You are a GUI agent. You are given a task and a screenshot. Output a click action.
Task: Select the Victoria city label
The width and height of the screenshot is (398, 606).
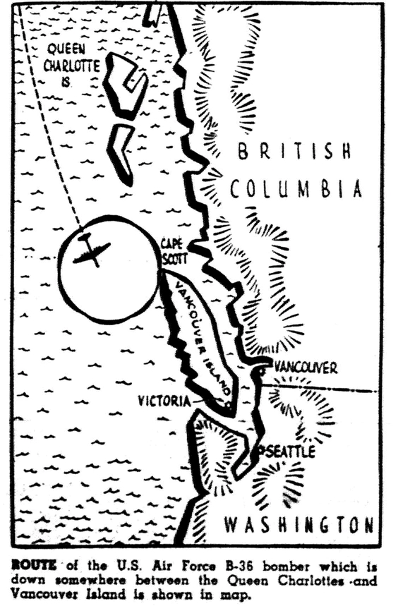[x=164, y=401]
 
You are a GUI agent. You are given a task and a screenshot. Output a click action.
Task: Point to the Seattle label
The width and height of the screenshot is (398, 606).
[x=289, y=452]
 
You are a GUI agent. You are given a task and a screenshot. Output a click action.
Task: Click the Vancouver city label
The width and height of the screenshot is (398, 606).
[x=306, y=368]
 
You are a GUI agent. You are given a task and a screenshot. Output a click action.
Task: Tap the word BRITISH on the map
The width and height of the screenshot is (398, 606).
[x=294, y=151]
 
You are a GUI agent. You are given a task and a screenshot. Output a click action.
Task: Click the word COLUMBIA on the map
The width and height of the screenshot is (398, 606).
[x=296, y=189]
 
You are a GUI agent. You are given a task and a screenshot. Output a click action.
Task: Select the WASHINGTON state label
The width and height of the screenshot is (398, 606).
[x=298, y=525]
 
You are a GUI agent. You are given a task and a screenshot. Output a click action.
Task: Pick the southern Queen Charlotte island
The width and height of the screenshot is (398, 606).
[x=122, y=152]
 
